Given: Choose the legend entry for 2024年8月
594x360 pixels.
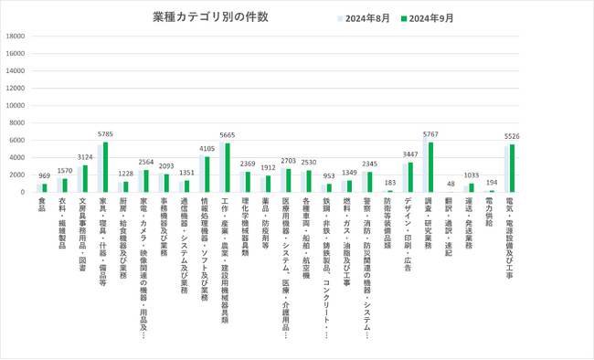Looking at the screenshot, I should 369,17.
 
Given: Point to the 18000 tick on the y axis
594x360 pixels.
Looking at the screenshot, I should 16,37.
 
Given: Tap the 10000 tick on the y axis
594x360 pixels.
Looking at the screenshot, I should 16,105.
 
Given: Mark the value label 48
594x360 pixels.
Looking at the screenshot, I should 451,184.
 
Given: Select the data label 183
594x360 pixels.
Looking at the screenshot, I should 390,183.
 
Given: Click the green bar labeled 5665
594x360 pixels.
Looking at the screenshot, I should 228,167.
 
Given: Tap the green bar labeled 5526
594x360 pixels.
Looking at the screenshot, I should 513,168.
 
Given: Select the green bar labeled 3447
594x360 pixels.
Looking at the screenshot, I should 410,177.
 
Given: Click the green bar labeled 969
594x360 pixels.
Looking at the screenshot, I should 45,188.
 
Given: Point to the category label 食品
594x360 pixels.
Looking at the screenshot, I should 42,203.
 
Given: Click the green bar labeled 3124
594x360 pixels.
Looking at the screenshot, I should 86,178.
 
